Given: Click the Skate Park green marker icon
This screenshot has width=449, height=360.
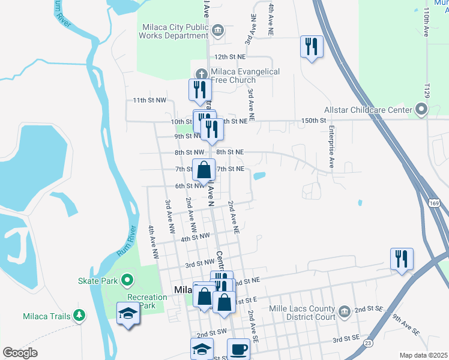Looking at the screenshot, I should [127, 280].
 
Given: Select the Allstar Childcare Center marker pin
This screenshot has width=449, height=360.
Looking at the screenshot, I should [421, 110].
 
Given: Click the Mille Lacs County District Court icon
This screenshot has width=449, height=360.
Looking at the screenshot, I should [343, 311].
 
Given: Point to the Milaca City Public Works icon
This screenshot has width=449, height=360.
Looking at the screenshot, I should [217, 30].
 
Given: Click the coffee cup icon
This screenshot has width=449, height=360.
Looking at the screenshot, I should [238, 349].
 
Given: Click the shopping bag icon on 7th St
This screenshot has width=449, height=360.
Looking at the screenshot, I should [203, 170].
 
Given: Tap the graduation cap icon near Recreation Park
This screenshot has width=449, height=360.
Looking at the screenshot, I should [128, 314].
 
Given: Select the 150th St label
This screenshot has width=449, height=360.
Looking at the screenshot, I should [313, 121].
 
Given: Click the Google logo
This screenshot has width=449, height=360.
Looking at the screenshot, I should [20, 353].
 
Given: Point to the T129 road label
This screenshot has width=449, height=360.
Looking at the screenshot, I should [427, 91].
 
